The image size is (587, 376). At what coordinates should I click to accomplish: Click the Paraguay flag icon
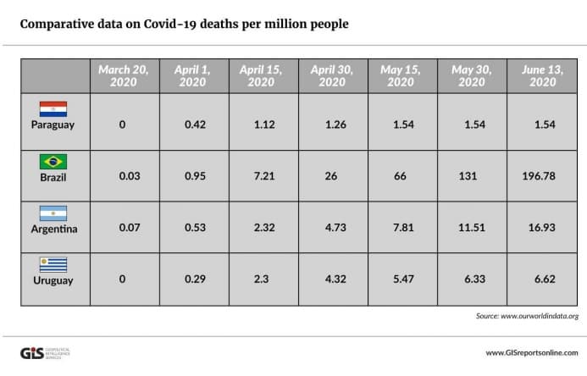[x=53, y=109]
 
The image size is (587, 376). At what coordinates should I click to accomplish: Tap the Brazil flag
[x=53, y=161]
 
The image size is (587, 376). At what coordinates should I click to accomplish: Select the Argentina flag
[x=53, y=213]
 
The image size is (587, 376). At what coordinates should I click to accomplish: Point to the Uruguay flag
[x=53, y=264]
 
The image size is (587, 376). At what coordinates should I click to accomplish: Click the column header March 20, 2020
[x=122, y=76]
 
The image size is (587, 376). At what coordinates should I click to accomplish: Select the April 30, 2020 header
[x=331, y=76]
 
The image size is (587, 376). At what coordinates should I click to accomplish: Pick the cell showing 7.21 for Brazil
[x=262, y=177]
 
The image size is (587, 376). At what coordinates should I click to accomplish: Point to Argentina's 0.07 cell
[x=122, y=229]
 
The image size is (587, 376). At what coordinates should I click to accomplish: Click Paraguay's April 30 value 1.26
[x=331, y=125]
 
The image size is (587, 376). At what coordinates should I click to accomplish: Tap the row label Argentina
[x=53, y=229]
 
